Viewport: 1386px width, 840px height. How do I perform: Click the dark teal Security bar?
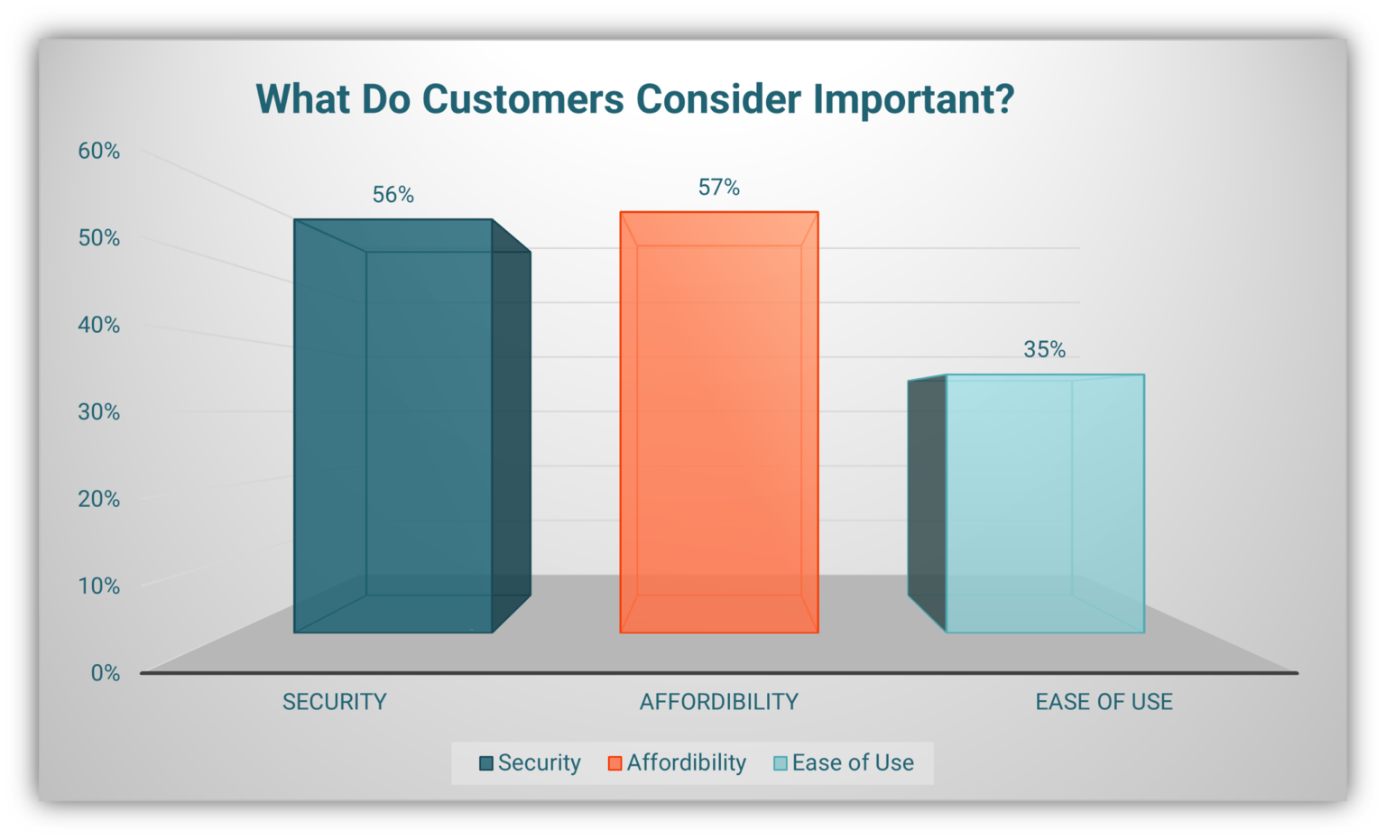tap(412, 426)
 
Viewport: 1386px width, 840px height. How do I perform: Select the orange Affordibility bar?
tap(719, 422)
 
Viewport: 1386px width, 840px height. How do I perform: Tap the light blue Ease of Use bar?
tap(1027, 503)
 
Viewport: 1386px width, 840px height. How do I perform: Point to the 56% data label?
tap(393, 195)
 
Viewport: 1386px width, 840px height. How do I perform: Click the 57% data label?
tap(719, 187)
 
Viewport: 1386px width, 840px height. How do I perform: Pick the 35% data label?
tap(1044, 349)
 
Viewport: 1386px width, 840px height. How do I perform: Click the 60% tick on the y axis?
tap(99, 151)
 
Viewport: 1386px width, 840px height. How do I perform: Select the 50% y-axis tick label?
tap(99, 237)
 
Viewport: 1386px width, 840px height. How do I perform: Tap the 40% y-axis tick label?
tap(99, 325)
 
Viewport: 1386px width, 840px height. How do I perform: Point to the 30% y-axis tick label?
tap(99, 411)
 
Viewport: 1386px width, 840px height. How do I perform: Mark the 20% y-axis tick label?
tap(99, 499)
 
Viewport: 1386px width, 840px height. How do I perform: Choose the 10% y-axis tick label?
tap(99, 586)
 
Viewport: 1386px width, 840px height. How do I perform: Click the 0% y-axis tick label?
tap(106, 673)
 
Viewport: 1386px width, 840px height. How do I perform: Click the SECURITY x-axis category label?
tap(335, 702)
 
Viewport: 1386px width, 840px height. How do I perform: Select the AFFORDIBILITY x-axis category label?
tap(719, 702)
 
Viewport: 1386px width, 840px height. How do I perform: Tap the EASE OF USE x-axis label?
tap(1104, 702)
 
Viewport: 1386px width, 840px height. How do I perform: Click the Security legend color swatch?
tap(486, 763)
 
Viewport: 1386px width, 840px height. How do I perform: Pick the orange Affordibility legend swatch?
tap(615, 763)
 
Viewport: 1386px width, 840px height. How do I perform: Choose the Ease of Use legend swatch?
tap(781, 763)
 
